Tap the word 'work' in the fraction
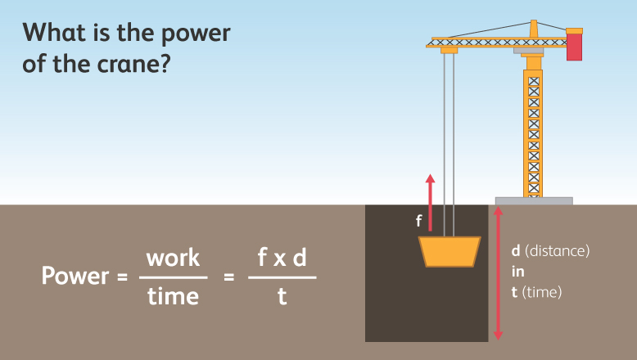(173, 258)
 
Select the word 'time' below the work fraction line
(173, 295)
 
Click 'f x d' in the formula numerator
(282, 258)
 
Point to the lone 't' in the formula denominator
(282, 295)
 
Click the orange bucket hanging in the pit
(449, 251)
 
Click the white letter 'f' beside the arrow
(418, 220)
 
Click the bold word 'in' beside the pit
(517, 272)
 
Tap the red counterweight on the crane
(575, 47)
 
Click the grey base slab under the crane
(534, 200)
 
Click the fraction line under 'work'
(173, 277)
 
